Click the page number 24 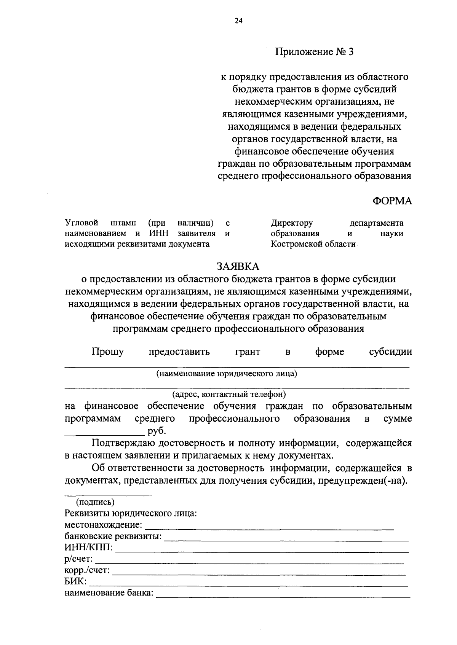click(238, 21)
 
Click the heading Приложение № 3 click(314, 52)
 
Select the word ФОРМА click(392, 201)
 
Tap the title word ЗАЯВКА click(238, 266)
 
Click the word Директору click(292, 223)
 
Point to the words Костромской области click(313, 244)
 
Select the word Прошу click(108, 352)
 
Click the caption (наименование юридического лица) click(227, 373)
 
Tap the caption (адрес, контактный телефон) click(228, 393)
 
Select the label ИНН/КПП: click(88, 548)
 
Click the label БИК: click(75, 581)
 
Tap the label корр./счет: click(87, 570)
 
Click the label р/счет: click(79, 559)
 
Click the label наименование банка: click(109, 593)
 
